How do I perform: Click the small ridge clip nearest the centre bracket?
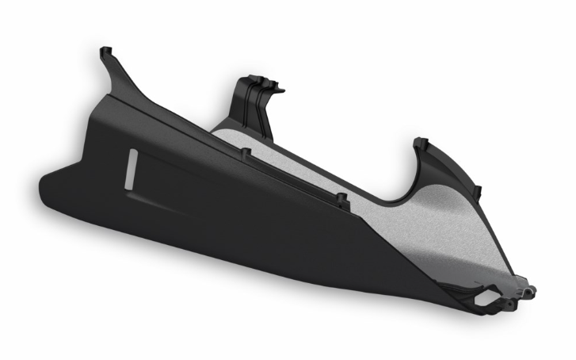(x=246, y=151)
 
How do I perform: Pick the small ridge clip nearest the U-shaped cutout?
(x=341, y=198)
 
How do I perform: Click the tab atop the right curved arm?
(x=422, y=144)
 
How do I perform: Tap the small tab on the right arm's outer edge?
(x=476, y=191)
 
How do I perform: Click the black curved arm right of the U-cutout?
(x=444, y=170)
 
